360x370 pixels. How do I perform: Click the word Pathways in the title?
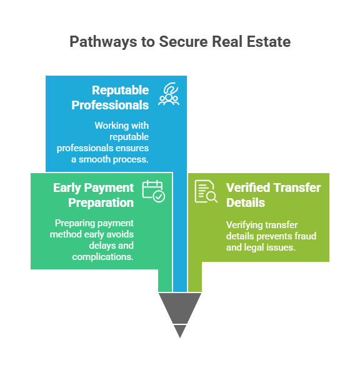pyautogui.click(x=103, y=42)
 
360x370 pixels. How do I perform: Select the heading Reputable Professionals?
pyautogui.click(x=110, y=97)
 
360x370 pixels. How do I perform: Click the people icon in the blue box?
pyautogui.click(x=169, y=94)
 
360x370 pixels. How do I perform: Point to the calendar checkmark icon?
pyautogui.click(x=154, y=191)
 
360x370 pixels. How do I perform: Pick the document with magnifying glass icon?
pyautogui.click(x=206, y=191)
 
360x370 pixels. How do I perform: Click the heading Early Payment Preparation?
pyautogui.click(x=94, y=195)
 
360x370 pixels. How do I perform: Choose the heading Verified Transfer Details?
pyautogui.click(x=273, y=195)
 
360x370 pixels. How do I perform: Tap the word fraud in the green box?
pyautogui.click(x=306, y=236)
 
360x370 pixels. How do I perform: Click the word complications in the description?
pyautogui.click(x=103, y=257)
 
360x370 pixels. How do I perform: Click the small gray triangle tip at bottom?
pyautogui.click(x=180, y=331)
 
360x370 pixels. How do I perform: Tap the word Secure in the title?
pyautogui.click(x=184, y=41)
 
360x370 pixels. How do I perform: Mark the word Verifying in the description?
pyautogui.click(x=243, y=225)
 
